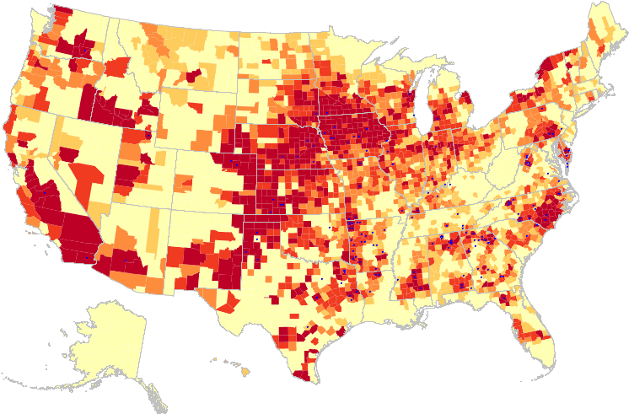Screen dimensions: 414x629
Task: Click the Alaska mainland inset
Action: pyautogui.click(x=110, y=337)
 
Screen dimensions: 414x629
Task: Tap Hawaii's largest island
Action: pyautogui.click(x=246, y=370)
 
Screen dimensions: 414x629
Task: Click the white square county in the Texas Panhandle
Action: pyautogui.click(x=255, y=239)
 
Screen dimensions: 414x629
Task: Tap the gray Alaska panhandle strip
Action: pyautogui.click(x=151, y=390)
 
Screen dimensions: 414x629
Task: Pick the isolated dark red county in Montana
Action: pyautogui.click(x=193, y=74)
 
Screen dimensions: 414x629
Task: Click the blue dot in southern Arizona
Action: pyautogui.click(x=125, y=260)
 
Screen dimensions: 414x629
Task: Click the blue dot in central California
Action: pyautogui.click(x=44, y=192)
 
